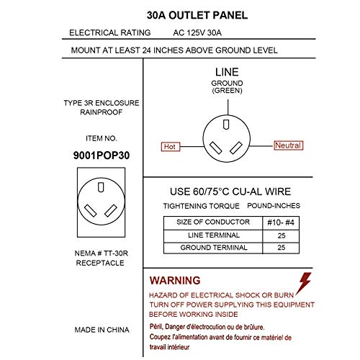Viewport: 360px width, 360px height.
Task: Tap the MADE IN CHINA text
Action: pos(102,330)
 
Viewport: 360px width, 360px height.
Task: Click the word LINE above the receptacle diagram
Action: pos(228,73)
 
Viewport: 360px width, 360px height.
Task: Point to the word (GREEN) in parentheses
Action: pos(227,91)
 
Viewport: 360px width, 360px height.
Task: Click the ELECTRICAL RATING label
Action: pos(109,33)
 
